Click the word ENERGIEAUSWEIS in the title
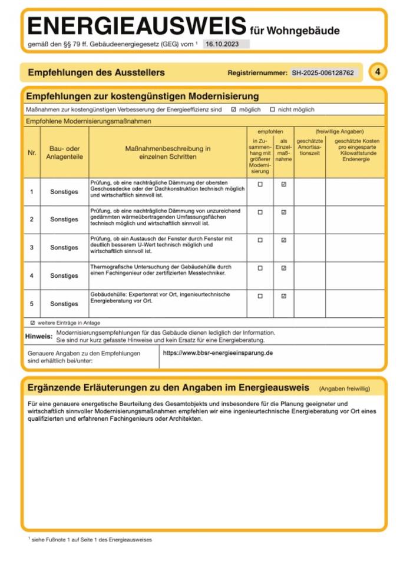(x=135, y=26)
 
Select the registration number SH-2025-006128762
(x=322, y=74)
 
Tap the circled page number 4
(x=378, y=72)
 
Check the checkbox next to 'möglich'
(x=233, y=109)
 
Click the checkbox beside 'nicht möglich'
(x=272, y=109)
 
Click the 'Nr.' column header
(x=32, y=153)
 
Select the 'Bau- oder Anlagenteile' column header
(x=64, y=153)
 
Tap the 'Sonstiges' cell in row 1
(x=64, y=192)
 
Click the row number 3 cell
(x=32, y=248)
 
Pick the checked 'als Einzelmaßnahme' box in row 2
(x=283, y=212)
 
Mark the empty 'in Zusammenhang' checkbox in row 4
(x=260, y=268)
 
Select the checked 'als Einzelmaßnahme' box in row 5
(x=283, y=296)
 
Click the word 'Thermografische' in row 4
(x=110, y=267)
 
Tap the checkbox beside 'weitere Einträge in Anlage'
(x=32, y=323)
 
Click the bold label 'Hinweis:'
(x=39, y=337)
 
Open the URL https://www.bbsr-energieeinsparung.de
(x=217, y=353)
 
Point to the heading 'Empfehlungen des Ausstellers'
(x=96, y=74)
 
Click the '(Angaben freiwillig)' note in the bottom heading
(x=344, y=389)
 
